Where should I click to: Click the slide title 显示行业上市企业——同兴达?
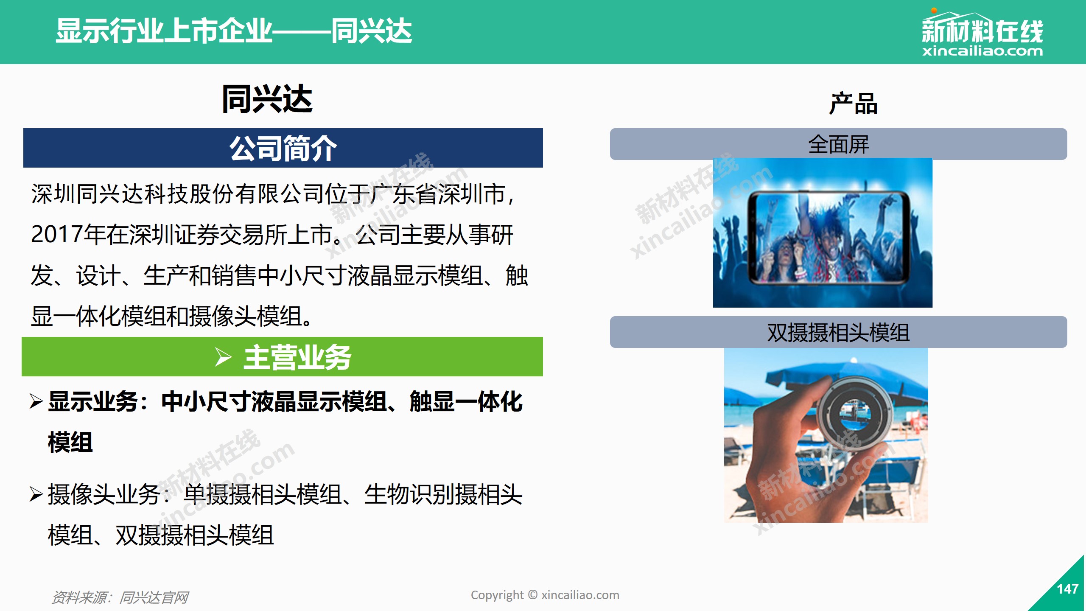234,31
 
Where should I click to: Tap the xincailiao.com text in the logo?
982,51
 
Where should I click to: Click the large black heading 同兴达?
267,98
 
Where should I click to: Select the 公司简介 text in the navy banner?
283,148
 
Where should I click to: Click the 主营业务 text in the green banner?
297,357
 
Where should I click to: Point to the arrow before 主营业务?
223,357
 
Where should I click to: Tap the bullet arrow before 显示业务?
36,401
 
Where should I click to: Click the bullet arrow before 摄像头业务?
36,494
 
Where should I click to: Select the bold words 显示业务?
93,401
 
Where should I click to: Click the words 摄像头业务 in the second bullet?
104,494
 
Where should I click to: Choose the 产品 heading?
853,104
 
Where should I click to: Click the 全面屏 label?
838,144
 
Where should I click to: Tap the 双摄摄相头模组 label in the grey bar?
838,332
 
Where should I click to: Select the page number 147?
1068,589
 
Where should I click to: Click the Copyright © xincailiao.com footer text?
545,595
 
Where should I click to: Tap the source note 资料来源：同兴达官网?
120,597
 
